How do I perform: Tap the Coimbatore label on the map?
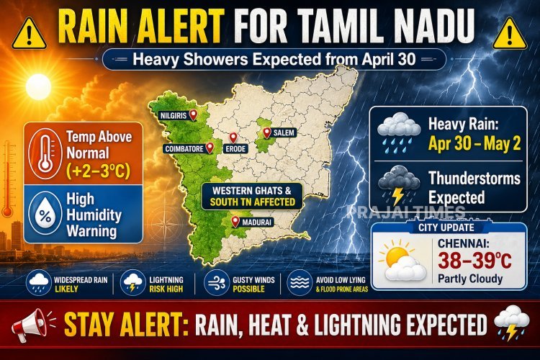[x=182, y=149]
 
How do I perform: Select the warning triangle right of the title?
[x=512, y=31]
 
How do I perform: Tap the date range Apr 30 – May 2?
[x=477, y=143]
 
